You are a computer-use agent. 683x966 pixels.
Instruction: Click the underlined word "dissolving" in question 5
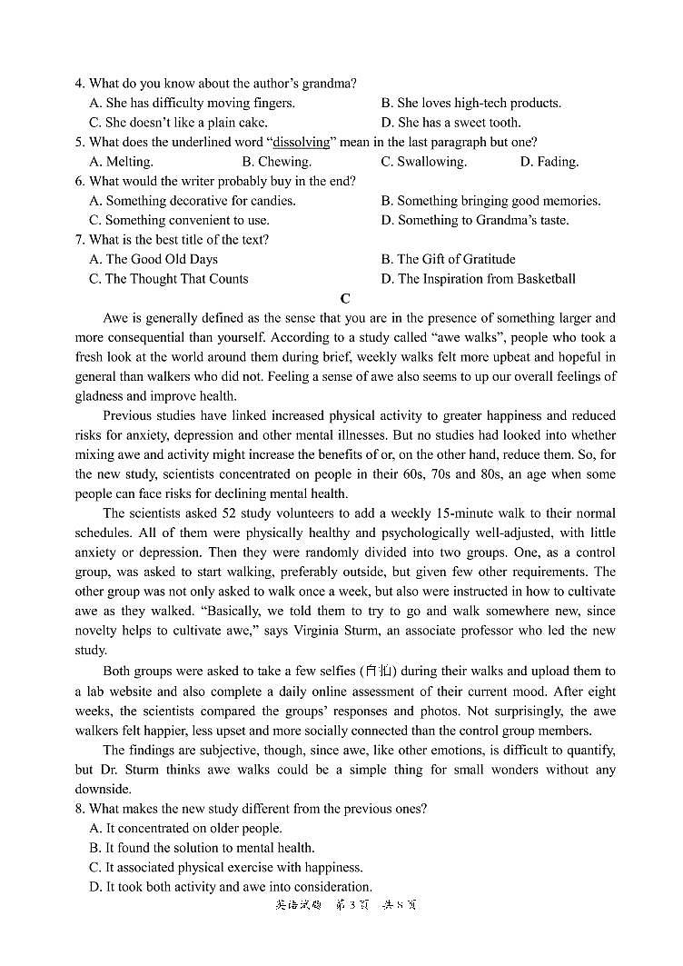[x=304, y=143]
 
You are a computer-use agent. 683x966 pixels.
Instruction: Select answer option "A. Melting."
[x=121, y=162]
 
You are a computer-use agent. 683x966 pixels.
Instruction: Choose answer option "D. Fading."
[x=549, y=162]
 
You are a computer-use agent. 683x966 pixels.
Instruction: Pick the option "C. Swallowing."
[x=423, y=162]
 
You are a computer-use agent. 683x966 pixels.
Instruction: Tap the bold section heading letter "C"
[x=345, y=298]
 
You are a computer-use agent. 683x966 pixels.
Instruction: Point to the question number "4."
[x=80, y=84]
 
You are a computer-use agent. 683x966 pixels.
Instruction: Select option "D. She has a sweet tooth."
[x=450, y=123]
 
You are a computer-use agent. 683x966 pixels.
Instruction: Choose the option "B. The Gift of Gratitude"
[x=448, y=260]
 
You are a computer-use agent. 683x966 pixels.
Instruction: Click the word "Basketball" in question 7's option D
[x=541, y=279]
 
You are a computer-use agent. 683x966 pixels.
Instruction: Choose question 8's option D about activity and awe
[x=231, y=887]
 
